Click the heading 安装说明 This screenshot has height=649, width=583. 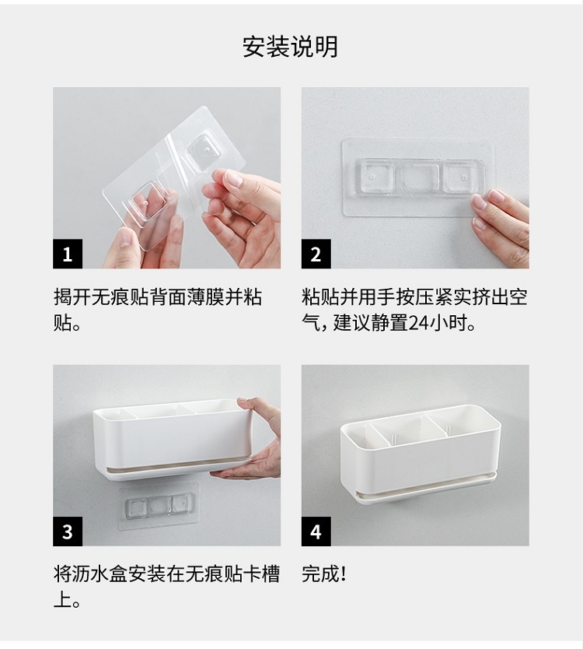290,47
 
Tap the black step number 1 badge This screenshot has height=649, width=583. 68,254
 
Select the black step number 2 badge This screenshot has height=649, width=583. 316,254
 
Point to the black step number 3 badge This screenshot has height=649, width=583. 68,531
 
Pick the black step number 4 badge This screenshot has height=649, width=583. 316,531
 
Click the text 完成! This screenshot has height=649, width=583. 323,574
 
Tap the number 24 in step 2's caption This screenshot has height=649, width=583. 418,323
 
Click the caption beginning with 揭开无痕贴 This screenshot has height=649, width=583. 158,310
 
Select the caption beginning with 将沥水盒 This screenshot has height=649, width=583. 166,587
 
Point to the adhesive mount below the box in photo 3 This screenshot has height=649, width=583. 159,506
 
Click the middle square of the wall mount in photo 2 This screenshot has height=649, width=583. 420,179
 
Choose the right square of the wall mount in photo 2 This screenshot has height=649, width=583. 463,178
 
